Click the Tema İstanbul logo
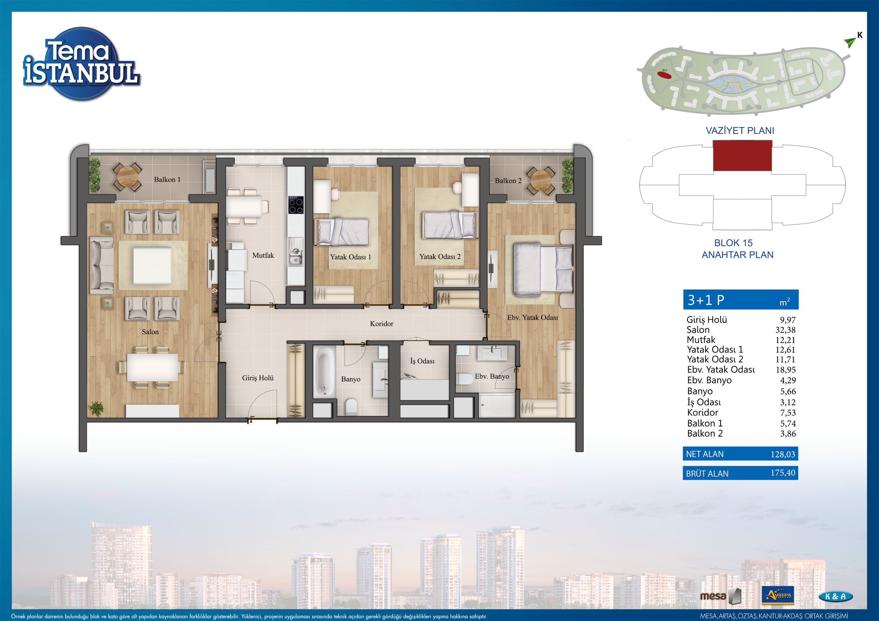[x=81, y=64]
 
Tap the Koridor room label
[x=382, y=324]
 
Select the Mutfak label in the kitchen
[x=263, y=256]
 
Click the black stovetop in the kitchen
[x=296, y=205]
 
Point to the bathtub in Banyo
[x=324, y=372]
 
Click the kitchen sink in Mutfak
[x=295, y=252]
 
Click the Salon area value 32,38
[x=785, y=330]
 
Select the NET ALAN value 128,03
[x=783, y=454]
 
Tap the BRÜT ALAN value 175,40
[x=783, y=473]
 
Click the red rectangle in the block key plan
[x=743, y=156]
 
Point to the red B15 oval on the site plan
[x=664, y=75]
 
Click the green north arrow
[x=849, y=42]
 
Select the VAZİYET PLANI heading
[x=740, y=131]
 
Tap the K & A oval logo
[x=835, y=597]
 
